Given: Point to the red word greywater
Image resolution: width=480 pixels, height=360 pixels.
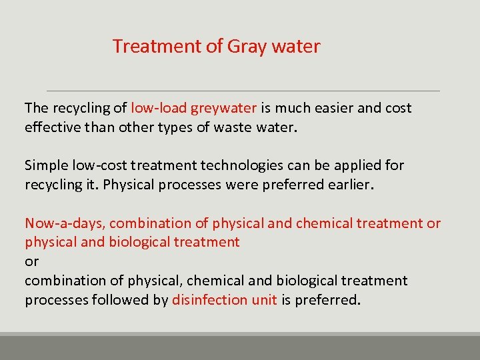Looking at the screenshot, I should click(x=224, y=108).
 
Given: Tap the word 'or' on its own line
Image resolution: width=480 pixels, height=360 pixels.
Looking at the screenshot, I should click(x=32, y=261).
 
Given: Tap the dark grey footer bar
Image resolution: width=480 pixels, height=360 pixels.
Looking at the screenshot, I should click(x=240, y=348).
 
